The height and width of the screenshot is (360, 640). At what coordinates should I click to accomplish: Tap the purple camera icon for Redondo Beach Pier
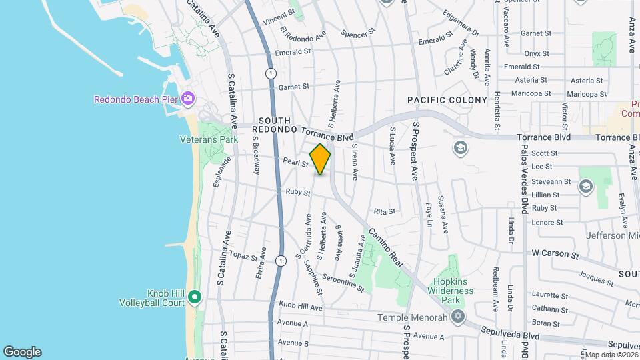point(188,99)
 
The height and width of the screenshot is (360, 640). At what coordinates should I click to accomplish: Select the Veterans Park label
point(209,140)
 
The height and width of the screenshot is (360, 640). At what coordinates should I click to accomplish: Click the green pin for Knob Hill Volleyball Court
point(194,297)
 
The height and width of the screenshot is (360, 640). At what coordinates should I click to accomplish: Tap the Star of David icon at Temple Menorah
point(457,317)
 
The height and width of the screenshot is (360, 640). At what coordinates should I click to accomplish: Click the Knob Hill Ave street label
point(301,307)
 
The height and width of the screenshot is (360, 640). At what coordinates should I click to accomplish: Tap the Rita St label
point(385,211)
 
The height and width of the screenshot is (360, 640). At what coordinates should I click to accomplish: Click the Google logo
point(22,352)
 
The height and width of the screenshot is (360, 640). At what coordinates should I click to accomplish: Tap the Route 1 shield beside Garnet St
point(269,73)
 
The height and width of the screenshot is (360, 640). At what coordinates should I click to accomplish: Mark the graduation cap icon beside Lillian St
point(585,187)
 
